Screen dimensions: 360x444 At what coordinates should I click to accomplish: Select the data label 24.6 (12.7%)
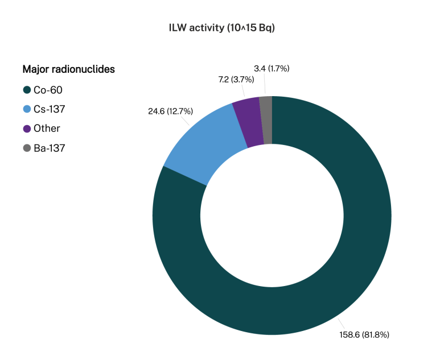(x=170, y=111)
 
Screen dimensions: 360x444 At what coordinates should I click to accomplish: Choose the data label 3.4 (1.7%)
(x=272, y=68)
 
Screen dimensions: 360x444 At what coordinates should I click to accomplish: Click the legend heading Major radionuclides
(x=68, y=69)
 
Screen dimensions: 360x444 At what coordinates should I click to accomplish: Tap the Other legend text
(x=47, y=129)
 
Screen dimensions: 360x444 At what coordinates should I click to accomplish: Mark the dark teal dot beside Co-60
(x=27, y=90)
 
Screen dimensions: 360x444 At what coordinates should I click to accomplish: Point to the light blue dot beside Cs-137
(x=27, y=109)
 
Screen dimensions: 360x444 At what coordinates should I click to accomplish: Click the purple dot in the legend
(x=27, y=129)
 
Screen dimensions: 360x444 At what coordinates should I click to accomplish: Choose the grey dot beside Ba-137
(x=27, y=148)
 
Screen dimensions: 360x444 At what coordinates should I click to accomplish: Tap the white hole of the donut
(x=272, y=216)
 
